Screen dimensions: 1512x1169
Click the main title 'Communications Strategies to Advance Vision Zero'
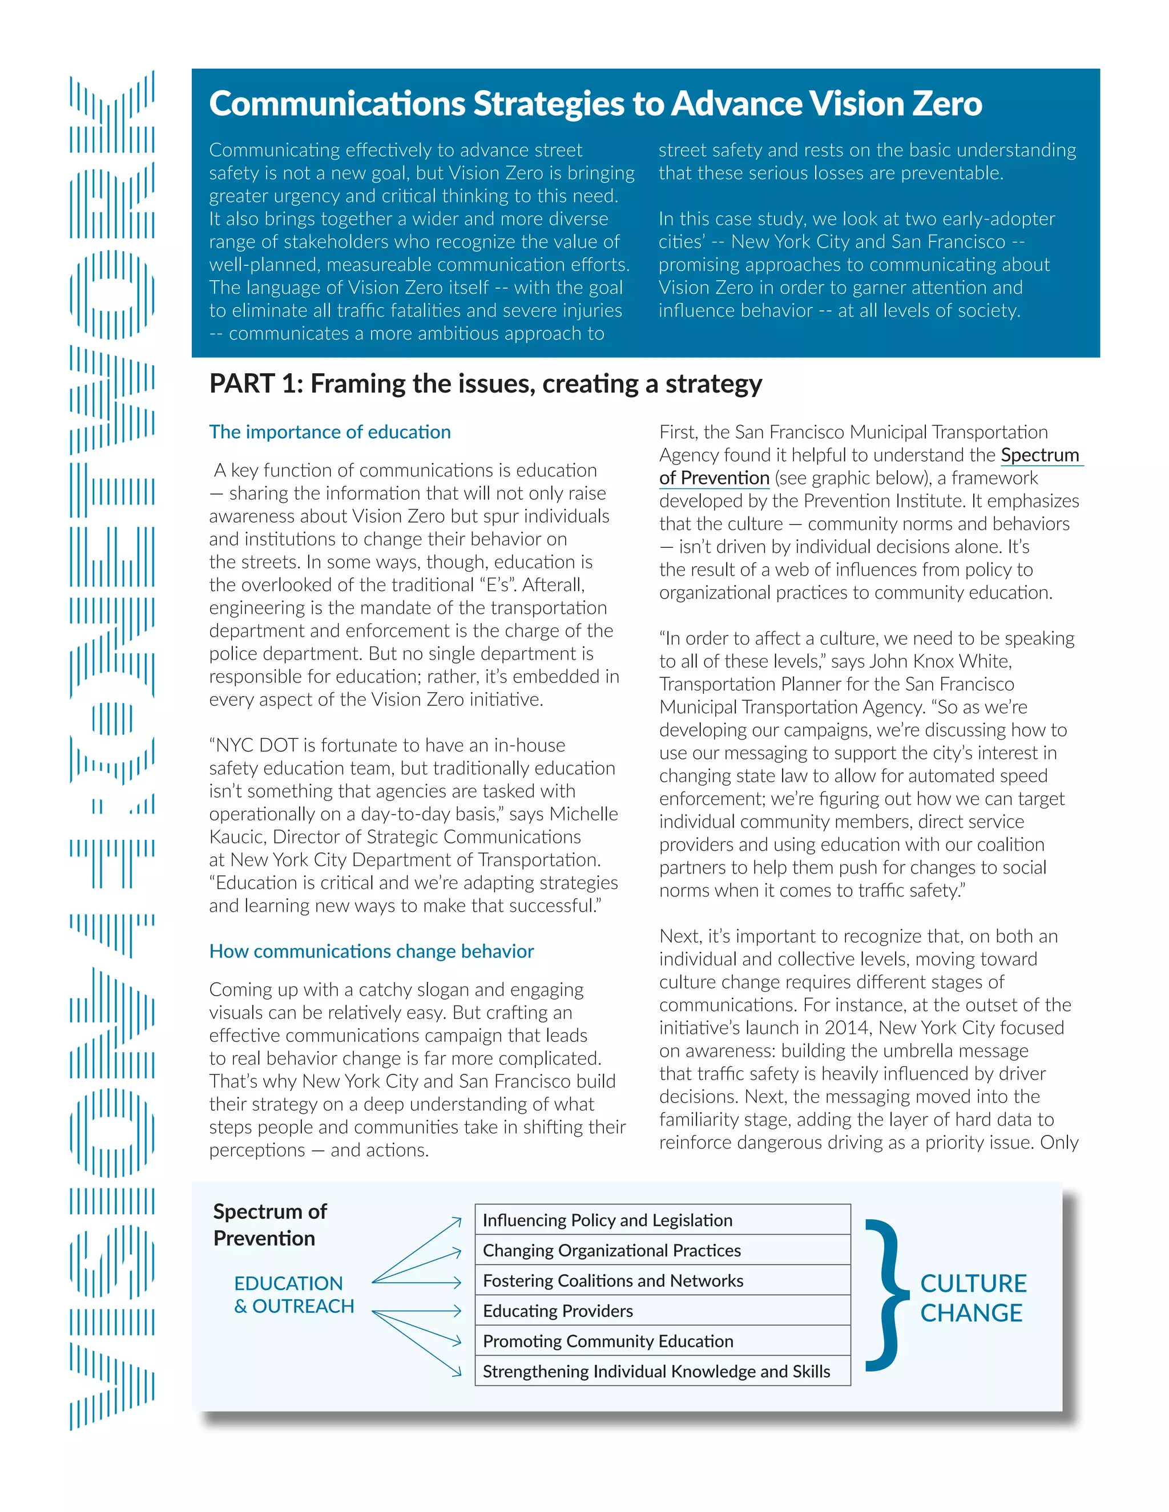click(x=595, y=104)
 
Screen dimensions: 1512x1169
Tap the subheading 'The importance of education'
click(x=330, y=432)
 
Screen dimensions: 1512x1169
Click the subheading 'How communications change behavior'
click(x=371, y=951)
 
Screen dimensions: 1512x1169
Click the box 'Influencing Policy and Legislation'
click(x=662, y=1220)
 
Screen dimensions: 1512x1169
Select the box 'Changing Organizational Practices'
click(x=662, y=1250)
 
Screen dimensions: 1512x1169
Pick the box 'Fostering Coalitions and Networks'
click(x=662, y=1281)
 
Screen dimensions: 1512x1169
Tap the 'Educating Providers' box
click(x=662, y=1311)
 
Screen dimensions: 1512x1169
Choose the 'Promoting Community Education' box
click(x=662, y=1341)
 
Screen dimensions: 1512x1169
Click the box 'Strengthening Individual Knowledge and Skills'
click(x=662, y=1372)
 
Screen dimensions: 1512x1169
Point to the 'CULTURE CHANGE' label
click(x=972, y=1298)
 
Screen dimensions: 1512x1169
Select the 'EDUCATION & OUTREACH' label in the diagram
click(x=293, y=1295)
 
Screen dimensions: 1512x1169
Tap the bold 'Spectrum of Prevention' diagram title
click(x=269, y=1224)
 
